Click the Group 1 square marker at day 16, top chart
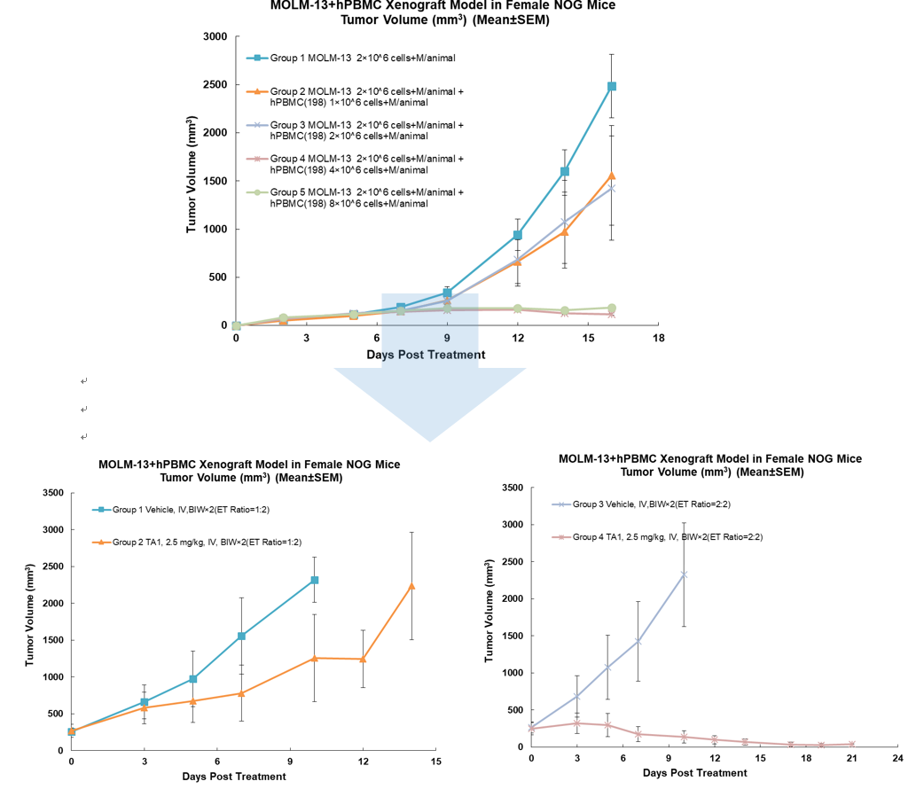(x=612, y=86)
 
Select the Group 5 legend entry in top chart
(x=365, y=198)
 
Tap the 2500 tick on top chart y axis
(x=216, y=85)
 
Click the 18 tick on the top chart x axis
(x=658, y=339)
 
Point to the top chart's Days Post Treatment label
(x=426, y=355)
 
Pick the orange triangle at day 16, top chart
(x=612, y=176)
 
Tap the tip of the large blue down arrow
(x=429, y=439)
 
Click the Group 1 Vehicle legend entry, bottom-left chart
(x=192, y=510)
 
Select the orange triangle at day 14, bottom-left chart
(x=411, y=586)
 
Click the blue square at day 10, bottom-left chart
(x=315, y=580)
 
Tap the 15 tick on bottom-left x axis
(x=435, y=762)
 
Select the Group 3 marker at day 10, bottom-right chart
(x=684, y=574)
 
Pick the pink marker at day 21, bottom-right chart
(x=851, y=744)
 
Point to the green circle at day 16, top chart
(x=612, y=308)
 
